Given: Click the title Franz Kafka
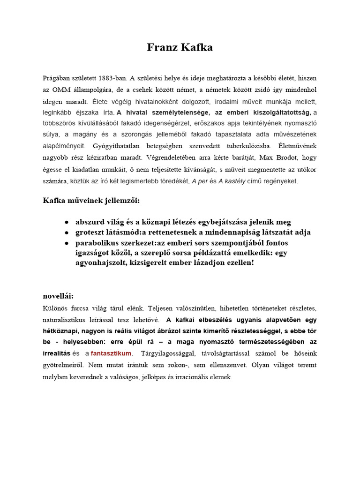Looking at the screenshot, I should pos(180,47).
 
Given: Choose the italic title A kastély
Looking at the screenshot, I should pos(234,181).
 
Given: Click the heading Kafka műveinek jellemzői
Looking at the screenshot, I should pos(91,201).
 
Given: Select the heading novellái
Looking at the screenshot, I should pos(59,296).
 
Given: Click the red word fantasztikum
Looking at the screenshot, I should pos(111,353).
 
